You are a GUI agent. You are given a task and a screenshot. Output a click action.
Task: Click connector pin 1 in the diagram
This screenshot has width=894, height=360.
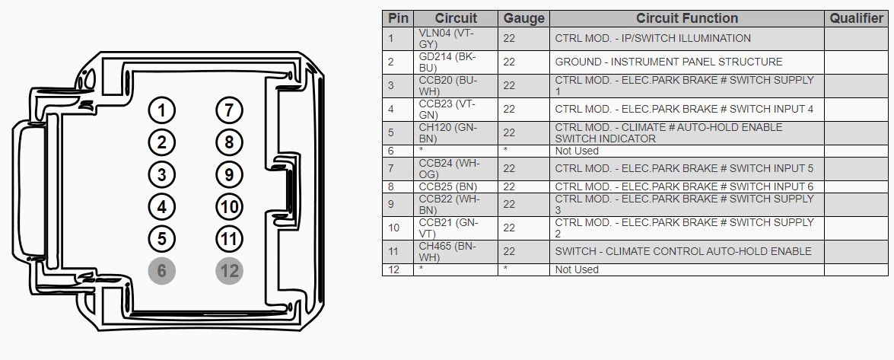pyautogui.click(x=162, y=110)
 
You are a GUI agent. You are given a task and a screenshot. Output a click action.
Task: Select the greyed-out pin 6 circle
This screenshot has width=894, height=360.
pyautogui.click(x=162, y=271)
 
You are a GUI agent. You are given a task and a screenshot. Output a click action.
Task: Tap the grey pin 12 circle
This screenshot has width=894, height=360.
pyautogui.click(x=229, y=271)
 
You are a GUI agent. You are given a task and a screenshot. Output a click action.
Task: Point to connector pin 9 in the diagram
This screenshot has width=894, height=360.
pyautogui.click(x=229, y=174)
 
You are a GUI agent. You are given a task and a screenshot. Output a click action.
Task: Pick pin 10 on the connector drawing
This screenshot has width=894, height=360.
pyautogui.click(x=229, y=206)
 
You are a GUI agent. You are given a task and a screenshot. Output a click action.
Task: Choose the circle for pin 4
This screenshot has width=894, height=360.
pyautogui.click(x=162, y=206)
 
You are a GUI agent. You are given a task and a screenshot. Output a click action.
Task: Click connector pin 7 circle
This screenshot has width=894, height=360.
pyautogui.click(x=229, y=110)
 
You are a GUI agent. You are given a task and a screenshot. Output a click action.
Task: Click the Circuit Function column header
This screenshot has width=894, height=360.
pyautogui.click(x=687, y=18)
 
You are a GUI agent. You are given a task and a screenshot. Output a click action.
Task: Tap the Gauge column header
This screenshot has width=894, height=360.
pyautogui.click(x=523, y=18)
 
